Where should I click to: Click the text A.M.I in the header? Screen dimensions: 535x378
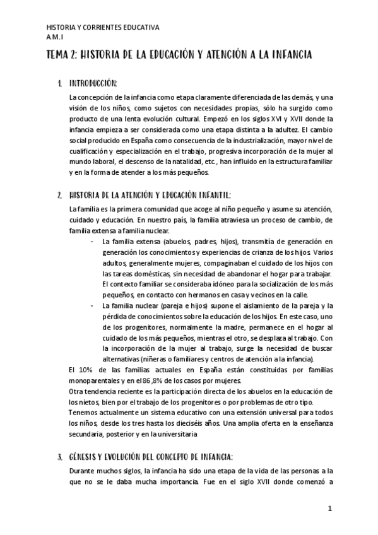click(x=56, y=37)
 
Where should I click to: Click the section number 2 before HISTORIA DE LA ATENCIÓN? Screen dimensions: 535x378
click(x=58, y=194)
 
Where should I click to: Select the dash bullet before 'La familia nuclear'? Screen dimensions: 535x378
click(x=92, y=306)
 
